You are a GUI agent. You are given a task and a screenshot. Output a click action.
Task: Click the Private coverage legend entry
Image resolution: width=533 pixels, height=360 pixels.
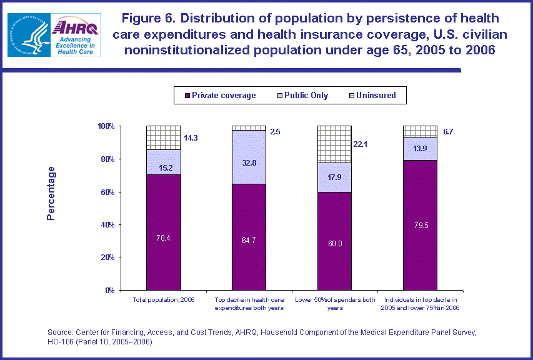219,96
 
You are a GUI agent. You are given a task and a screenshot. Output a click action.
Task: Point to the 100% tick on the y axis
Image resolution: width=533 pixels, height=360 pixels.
106,126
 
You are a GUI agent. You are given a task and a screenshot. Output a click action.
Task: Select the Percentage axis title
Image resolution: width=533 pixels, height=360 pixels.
51,193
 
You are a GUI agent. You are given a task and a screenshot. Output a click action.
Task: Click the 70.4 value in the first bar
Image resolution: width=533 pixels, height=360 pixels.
164,237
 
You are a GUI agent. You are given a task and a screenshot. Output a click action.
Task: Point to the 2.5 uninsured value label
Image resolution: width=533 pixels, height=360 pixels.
275,132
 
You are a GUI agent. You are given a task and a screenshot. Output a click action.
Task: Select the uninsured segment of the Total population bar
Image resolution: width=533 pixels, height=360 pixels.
164,137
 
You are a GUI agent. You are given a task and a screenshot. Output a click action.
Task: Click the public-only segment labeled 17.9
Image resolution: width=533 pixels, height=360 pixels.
334,177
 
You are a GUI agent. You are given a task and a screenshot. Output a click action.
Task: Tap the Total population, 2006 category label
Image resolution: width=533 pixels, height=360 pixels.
164,301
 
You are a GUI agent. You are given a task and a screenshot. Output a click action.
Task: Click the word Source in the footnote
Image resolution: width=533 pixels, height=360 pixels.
61,331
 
